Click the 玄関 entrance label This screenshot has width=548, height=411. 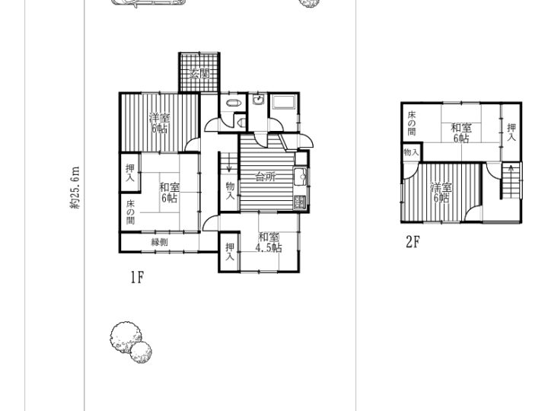(199, 74)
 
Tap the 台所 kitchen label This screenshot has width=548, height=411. (266, 177)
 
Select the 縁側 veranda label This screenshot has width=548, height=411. (159, 242)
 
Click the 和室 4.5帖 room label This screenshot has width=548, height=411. (269, 243)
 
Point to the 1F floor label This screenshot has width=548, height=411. (137, 278)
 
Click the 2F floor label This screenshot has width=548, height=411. (413, 242)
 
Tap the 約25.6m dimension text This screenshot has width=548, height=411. (75, 187)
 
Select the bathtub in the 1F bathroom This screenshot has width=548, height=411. (284, 102)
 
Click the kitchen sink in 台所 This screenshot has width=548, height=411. (300, 177)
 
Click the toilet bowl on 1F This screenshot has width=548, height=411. (241, 123)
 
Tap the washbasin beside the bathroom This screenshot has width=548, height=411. (258, 99)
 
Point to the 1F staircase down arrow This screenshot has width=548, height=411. (229, 163)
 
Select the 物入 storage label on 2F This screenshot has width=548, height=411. (411, 152)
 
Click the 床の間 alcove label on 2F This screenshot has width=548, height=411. (412, 123)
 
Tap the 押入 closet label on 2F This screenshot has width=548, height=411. (511, 132)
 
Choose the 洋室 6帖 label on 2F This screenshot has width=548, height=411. (441, 193)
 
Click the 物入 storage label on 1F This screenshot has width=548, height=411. (230, 191)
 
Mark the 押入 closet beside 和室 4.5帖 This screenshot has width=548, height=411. (230, 252)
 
